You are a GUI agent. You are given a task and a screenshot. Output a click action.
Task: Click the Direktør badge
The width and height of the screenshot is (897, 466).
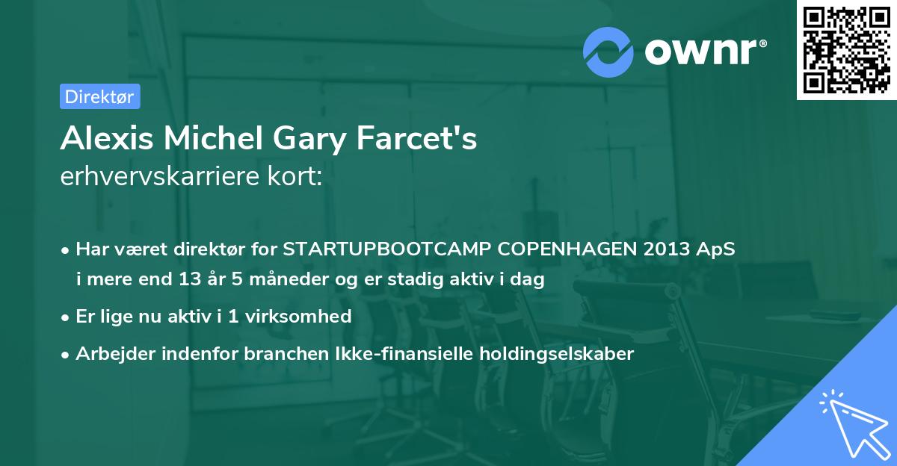99,96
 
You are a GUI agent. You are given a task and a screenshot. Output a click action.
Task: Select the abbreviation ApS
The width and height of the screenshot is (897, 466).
716,249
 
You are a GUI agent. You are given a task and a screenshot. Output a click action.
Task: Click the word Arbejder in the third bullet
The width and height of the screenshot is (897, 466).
108,353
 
